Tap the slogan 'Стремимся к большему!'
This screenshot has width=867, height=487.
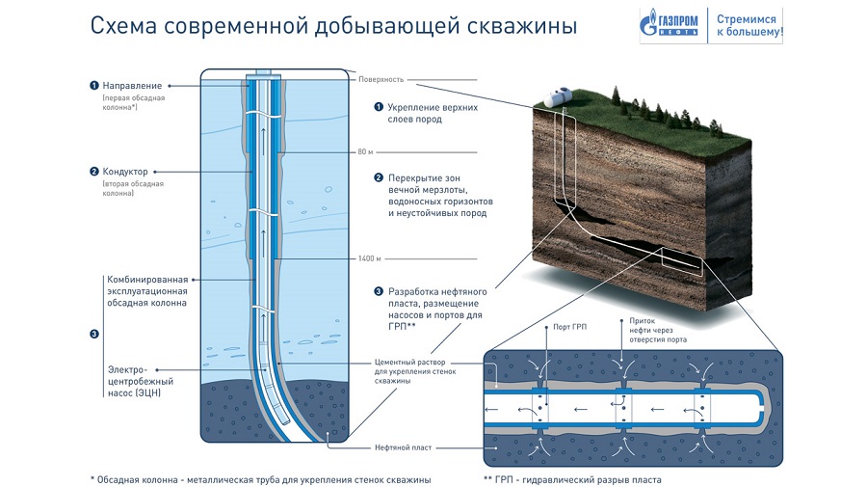click(749, 25)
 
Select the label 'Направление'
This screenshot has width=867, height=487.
click(133, 85)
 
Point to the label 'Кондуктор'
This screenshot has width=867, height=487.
click(129, 172)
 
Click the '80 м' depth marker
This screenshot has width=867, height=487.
click(362, 152)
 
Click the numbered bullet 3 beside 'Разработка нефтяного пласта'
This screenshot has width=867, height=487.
click(378, 290)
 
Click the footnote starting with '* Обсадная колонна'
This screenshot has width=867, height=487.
click(260, 479)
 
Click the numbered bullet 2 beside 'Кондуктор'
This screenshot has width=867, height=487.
click(93, 172)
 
